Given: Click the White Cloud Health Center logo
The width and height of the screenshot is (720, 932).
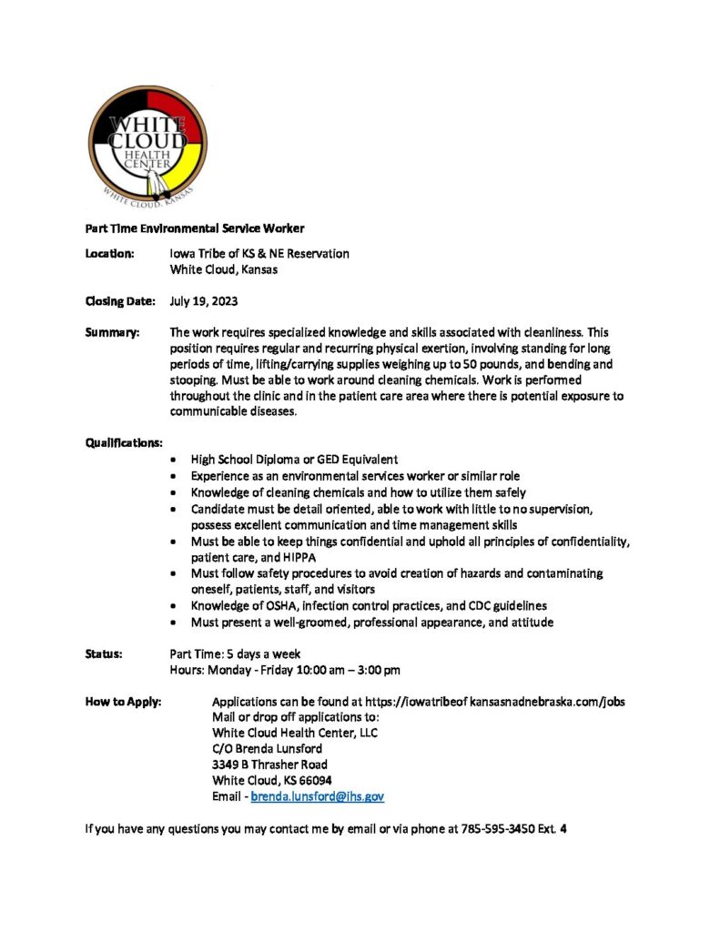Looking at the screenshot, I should [147, 147].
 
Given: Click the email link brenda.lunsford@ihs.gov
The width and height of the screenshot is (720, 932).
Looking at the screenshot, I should [317, 796].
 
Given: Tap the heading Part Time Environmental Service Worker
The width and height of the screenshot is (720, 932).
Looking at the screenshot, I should [195, 228].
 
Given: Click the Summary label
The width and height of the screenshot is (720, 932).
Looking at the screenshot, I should [112, 334].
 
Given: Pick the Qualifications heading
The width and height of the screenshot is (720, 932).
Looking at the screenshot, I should [124, 443].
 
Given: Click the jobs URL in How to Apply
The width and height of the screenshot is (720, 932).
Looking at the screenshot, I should [494, 702].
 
